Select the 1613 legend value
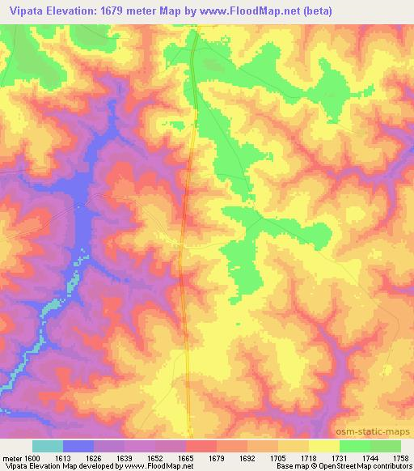coord(63,457)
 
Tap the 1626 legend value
coord(94,457)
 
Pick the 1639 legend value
coord(125,457)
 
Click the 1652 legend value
coord(155,457)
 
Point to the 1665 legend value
coord(186,457)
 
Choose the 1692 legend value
coord(247,457)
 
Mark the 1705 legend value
coord(278,457)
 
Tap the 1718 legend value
coord(309,457)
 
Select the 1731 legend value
coord(340,457)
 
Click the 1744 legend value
coord(370,457)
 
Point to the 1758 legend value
coord(400,457)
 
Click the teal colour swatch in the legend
coord(48,446)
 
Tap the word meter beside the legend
coord(12,457)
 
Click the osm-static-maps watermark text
coord(379,431)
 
